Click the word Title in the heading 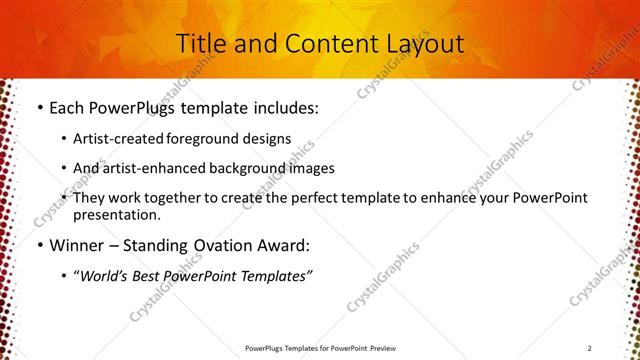click(201, 43)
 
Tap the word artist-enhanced click(148, 168)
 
